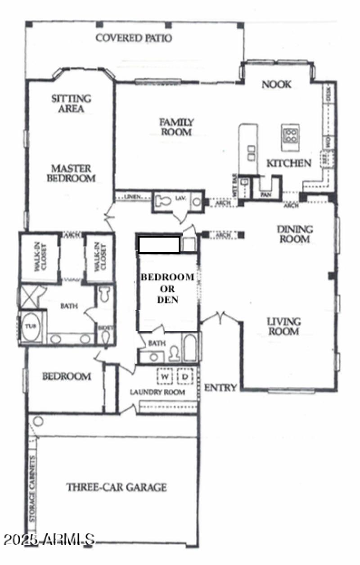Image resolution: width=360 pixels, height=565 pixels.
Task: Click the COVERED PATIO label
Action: (x=134, y=38)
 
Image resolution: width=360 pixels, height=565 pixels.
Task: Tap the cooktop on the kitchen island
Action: (x=291, y=136)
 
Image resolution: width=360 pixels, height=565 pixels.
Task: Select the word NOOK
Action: (x=276, y=84)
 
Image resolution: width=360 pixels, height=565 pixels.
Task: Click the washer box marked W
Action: (x=165, y=376)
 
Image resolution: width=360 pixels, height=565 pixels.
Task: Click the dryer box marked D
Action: (x=184, y=376)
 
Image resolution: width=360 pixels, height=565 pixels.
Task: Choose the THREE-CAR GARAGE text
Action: (x=117, y=487)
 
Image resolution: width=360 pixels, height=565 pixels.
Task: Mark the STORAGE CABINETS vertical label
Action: (x=32, y=489)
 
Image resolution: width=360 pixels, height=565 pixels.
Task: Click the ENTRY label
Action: (x=220, y=388)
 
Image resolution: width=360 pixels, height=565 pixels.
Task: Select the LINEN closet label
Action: (x=132, y=197)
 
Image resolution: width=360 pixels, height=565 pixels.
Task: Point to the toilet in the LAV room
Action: (x=162, y=201)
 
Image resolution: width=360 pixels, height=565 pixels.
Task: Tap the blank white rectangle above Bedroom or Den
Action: (x=159, y=245)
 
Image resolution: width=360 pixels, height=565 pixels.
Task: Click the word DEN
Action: (x=167, y=299)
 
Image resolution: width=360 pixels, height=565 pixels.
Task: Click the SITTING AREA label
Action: (x=71, y=103)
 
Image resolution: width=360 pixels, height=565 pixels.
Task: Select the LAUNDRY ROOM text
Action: (x=157, y=392)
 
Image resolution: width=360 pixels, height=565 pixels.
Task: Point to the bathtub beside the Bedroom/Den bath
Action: (x=190, y=348)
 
